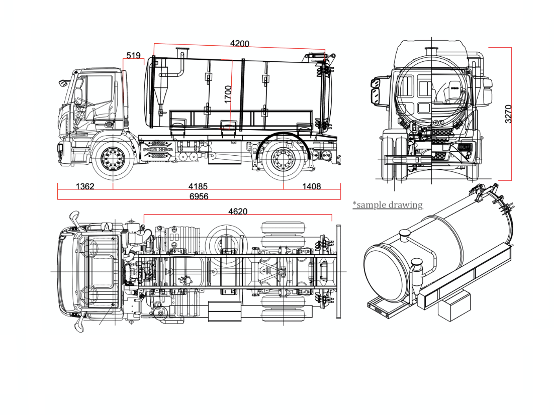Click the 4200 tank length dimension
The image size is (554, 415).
(239, 44)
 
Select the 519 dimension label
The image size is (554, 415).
(133, 55)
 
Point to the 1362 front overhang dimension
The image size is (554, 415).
(85, 187)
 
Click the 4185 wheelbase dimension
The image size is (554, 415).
(198, 187)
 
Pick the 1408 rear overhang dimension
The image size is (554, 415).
(311, 187)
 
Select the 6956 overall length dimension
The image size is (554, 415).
(199, 196)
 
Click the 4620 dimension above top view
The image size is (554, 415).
(237, 212)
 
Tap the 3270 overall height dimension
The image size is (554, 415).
(508, 114)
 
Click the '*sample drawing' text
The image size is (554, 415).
(388, 204)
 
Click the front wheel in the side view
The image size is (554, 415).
(113, 160)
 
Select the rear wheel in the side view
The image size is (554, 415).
(283, 160)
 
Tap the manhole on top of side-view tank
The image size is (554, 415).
(181, 52)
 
